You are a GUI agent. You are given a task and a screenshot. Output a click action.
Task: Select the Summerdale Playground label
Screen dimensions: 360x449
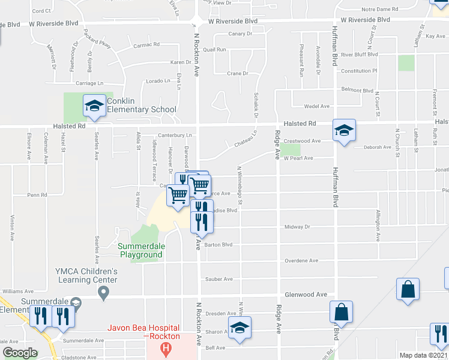click(x=140, y=250)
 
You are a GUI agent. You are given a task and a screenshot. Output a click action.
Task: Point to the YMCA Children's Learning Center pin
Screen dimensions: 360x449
click(x=104, y=293)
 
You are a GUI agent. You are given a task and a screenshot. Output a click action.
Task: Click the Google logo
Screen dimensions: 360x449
click(x=20, y=353)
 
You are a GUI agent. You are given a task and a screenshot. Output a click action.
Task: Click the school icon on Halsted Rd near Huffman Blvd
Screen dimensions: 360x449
click(x=344, y=130)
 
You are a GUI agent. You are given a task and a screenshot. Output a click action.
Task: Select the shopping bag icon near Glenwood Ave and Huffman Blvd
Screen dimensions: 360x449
click(x=341, y=312)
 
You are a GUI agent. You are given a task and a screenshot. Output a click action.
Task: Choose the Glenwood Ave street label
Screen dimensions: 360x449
click(x=306, y=295)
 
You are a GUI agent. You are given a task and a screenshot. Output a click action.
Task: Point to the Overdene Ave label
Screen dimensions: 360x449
click(x=301, y=261)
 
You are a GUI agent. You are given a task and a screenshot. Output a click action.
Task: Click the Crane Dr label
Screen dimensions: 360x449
click(x=238, y=74)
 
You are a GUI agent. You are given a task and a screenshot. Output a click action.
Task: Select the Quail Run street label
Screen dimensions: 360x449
click(x=214, y=50)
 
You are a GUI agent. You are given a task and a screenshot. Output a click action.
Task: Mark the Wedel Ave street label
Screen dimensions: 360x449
click(x=318, y=106)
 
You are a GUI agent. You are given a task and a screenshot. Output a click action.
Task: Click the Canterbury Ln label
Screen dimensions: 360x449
click(x=175, y=135)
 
